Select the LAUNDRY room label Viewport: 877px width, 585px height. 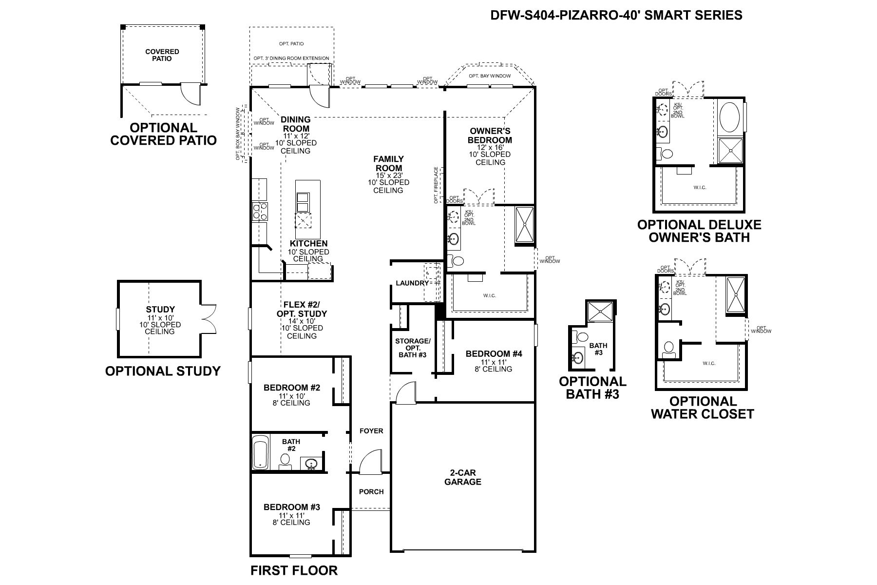coord(412,283)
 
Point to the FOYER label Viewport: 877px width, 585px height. coord(371,431)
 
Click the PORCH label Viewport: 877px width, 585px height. coord(371,491)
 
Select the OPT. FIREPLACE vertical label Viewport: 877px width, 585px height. coord(437,185)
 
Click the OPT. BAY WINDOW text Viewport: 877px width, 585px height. coord(490,76)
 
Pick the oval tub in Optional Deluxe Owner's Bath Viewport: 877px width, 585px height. coord(730,116)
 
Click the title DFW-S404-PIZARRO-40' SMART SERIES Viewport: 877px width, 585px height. coord(616,15)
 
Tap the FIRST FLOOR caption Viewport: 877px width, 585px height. coord(294,570)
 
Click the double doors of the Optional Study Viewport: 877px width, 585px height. coord(208,319)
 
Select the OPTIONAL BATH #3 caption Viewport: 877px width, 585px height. coord(592,388)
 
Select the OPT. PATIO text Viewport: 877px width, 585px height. coord(291,44)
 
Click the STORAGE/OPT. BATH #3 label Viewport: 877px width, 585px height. coord(413,348)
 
